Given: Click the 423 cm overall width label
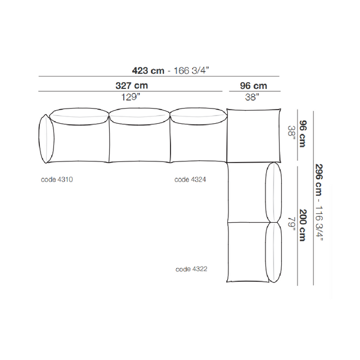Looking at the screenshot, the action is [148, 70].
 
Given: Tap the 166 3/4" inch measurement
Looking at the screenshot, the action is [191, 70].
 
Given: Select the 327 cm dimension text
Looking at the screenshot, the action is [132, 85].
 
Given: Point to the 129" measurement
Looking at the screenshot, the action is [130, 97].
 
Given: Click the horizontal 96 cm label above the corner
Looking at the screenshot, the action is [254, 86].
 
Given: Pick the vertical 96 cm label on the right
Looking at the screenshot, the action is [303, 134].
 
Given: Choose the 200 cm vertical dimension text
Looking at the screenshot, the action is [303, 225].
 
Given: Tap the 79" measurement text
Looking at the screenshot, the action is [291, 224].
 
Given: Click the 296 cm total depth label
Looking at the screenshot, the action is [319, 180].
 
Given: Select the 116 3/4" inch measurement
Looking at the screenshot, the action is [319, 223].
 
